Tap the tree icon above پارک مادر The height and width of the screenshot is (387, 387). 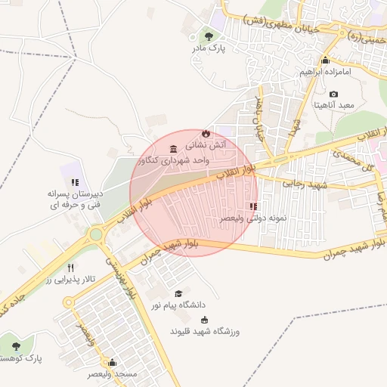click(209, 36)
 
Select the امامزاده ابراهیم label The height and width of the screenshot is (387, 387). click(326, 73)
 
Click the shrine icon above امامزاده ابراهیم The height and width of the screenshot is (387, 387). click(326, 60)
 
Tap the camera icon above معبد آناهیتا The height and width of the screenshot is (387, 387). click(333, 94)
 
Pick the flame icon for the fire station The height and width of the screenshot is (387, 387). click(205, 132)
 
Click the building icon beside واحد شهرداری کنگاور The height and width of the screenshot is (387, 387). click(175, 147)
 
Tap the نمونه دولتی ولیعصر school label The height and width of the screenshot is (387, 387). click(254, 218)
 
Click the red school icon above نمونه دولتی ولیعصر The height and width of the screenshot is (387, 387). click(252, 206)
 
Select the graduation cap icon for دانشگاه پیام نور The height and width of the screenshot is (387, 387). click(178, 293)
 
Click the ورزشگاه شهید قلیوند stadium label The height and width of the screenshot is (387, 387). click(204, 332)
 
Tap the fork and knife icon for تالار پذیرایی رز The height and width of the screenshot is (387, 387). click(71, 268)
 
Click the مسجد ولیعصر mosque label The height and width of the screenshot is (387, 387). click(112, 374)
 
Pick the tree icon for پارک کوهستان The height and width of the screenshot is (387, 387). click(16, 345)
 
